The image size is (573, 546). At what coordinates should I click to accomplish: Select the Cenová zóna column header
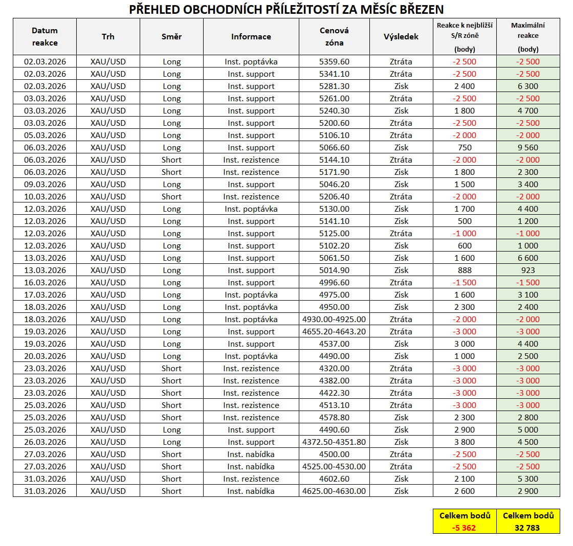(x=334, y=37)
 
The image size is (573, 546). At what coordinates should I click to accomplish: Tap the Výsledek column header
(x=401, y=37)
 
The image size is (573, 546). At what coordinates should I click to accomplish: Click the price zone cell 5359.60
(x=334, y=62)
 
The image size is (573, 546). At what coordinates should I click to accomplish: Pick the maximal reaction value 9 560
(x=528, y=148)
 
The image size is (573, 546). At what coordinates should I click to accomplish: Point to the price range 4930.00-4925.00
(x=334, y=320)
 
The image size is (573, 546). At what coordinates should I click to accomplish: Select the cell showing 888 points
(x=465, y=270)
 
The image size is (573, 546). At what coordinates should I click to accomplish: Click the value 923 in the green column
(x=528, y=270)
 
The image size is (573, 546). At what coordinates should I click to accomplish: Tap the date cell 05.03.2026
(x=45, y=135)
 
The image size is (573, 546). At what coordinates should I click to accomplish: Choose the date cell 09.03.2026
(x=45, y=185)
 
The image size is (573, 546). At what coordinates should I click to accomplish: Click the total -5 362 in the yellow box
(x=465, y=528)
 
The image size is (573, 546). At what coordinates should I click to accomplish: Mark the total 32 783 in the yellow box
(x=528, y=528)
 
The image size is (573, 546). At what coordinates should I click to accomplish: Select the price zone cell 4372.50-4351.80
(x=334, y=442)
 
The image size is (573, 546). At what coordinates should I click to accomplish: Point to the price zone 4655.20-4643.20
(x=334, y=332)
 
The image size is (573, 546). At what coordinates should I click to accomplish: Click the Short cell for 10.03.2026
(x=171, y=197)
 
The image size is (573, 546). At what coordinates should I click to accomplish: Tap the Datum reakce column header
(x=45, y=37)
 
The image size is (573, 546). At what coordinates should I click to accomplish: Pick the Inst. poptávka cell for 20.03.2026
(x=251, y=356)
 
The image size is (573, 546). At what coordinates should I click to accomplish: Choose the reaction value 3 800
(x=465, y=442)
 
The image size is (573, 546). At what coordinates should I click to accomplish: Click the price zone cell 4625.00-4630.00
(x=334, y=491)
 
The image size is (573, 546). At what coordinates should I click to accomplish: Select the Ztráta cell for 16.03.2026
(x=401, y=283)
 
